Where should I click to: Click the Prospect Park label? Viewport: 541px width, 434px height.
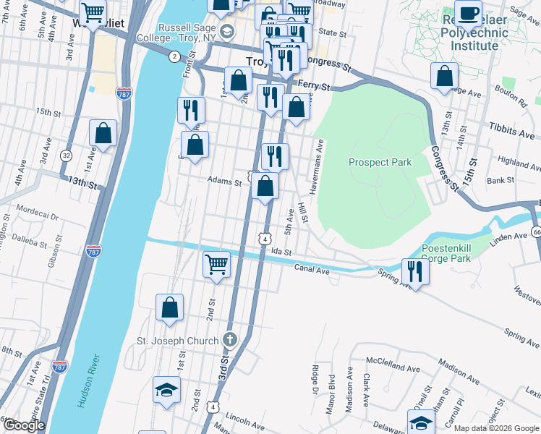click(380, 162)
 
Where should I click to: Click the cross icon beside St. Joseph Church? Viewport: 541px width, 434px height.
click(229, 340)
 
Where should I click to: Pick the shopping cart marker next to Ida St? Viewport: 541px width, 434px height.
click(216, 264)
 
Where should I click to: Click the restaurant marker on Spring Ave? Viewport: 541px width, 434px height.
click(415, 271)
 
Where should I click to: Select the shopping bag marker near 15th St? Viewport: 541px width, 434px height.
click(103, 134)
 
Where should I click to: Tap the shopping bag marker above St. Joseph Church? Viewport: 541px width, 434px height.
click(169, 307)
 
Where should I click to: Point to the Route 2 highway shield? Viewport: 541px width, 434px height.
click(174, 56)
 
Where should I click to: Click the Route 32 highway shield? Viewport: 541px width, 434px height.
click(66, 155)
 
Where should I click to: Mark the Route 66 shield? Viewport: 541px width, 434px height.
click(536, 231)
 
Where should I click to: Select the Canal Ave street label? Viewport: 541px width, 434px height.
click(312, 269)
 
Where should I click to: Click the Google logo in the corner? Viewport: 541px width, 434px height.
click(23, 425)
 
